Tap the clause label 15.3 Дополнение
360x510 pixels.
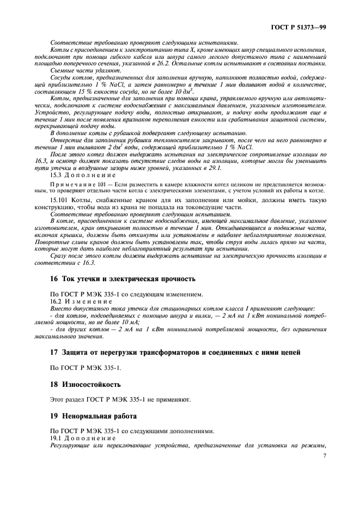coord(82,175)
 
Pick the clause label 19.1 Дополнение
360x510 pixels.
coord(82,438)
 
